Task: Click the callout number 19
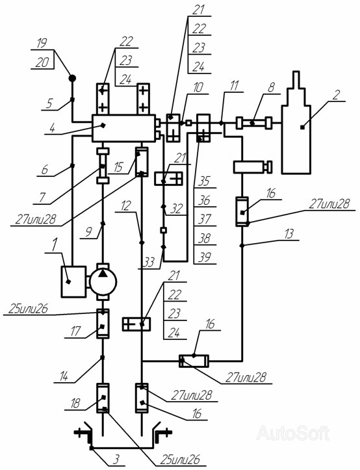pos(42,43)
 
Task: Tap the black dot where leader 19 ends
pos(72,78)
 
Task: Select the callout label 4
pos(52,129)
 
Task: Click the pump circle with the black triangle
pos(103,281)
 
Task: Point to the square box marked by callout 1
pos(73,281)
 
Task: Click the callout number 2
pos(336,95)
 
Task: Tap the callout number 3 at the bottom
pos(116,459)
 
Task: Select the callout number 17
pos(75,332)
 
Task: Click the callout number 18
pos(75,404)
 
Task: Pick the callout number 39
pos(205,257)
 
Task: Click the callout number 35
pos(205,181)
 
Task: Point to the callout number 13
pos(288,234)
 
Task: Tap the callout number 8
pos(271,88)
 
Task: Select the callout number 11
pos(234,86)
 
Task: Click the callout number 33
pos(148,263)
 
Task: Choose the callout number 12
pos(125,206)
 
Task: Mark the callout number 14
pos(64,376)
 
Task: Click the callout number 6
pos(44,170)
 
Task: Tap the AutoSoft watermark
pos(293,433)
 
